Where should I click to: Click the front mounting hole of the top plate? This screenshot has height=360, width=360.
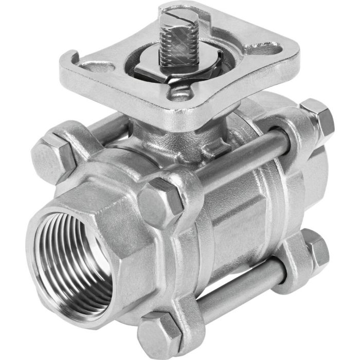[179, 93]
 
